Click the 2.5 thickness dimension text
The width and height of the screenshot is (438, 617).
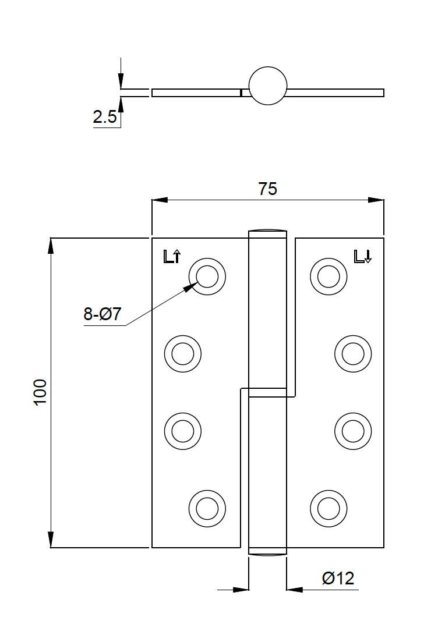pos(105,118)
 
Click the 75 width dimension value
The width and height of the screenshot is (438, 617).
pos(268,189)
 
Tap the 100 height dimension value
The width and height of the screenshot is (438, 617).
pos(40,392)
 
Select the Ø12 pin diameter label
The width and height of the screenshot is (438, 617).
pos(338,579)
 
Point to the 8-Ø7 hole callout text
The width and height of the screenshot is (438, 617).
pos(103,314)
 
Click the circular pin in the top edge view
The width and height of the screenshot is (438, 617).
pos(268,86)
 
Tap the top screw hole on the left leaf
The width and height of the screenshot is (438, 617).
pos(207,275)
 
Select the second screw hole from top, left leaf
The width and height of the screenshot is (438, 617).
pos(182,353)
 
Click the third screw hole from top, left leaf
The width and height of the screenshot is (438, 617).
pos(182,431)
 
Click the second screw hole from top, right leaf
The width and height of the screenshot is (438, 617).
pos(353,353)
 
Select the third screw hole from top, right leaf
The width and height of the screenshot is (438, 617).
pos(353,431)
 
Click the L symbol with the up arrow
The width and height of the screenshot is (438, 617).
pos(172,256)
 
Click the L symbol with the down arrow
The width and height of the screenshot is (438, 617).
pos(363,256)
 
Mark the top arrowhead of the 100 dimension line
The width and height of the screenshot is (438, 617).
pos(51,246)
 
